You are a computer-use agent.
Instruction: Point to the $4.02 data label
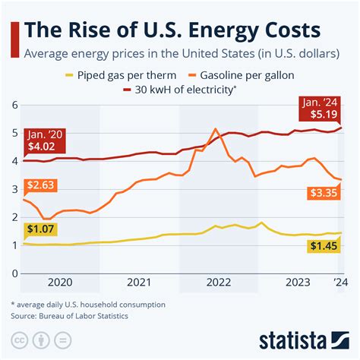[x=41, y=144]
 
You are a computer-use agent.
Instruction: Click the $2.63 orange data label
[x=41, y=185]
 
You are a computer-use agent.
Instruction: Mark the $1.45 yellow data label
[x=324, y=245]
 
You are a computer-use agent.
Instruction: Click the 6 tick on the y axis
[x=14, y=105]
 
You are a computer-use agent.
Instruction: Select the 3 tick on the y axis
[x=14, y=189]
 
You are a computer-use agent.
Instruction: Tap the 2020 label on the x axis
[x=61, y=283]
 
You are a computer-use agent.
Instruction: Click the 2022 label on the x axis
[x=219, y=283]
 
